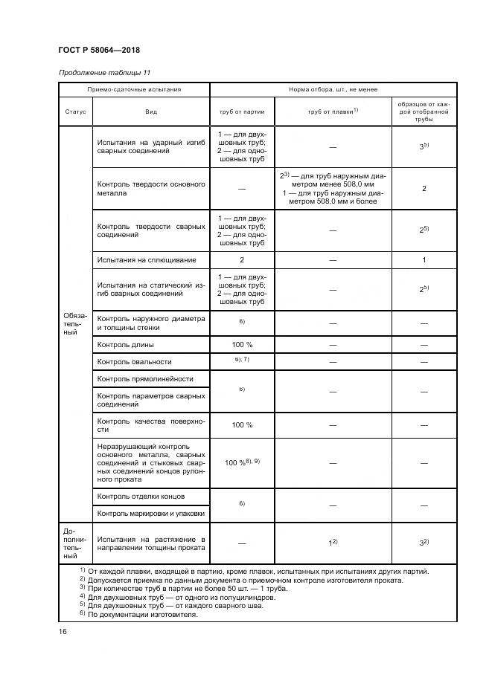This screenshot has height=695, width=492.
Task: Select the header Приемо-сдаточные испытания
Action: (134, 89)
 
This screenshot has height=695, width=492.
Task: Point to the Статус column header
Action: (74, 111)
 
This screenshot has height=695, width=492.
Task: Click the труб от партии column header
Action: (242, 111)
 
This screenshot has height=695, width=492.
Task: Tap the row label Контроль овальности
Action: (134, 362)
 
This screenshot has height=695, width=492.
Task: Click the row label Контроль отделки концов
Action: (141, 496)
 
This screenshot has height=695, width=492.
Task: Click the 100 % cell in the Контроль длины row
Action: (242, 346)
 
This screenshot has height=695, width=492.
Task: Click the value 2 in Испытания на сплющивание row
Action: (242, 260)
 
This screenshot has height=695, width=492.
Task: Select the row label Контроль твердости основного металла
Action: (150, 188)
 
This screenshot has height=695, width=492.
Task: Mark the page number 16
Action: (63, 631)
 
